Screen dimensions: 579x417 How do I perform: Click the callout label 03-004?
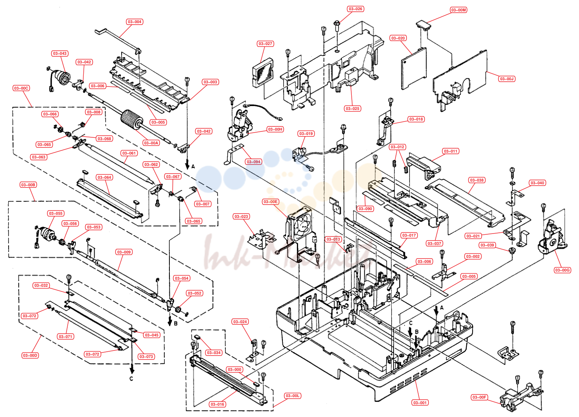(135, 22)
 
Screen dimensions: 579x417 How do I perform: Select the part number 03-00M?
(458, 10)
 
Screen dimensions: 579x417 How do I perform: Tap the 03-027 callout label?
(265, 44)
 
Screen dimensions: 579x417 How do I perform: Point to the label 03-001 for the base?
(420, 403)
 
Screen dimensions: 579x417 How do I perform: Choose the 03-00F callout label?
(479, 397)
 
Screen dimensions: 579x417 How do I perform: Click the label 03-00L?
(292, 395)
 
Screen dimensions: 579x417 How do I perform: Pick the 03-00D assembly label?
(30, 355)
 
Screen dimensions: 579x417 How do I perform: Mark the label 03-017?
(409, 235)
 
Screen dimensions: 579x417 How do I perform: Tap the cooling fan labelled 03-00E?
(299, 225)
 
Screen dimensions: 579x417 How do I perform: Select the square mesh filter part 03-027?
(263, 72)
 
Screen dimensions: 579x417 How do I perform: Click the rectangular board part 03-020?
(414, 68)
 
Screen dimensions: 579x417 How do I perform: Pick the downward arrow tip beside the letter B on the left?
(170, 325)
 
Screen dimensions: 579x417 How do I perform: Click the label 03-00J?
(507, 79)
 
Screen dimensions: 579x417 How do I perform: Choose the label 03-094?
(254, 162)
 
